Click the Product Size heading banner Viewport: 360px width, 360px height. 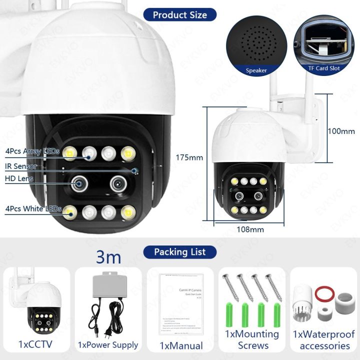click(179, 14)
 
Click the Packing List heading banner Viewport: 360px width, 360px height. click(179, 251)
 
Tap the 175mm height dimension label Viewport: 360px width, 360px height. click(189, 157)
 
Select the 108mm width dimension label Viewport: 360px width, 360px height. click(249, 229)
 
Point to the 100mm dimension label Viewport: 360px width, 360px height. click(341, 131)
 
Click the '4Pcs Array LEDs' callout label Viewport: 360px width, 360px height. click(32, 151)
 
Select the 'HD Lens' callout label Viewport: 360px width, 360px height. click(18, 178)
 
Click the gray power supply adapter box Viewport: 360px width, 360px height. click(108, 288)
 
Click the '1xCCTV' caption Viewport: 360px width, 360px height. click(35, 344)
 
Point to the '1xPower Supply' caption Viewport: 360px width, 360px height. click(108, 345)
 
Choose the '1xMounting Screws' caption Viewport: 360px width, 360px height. click(252, 339)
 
